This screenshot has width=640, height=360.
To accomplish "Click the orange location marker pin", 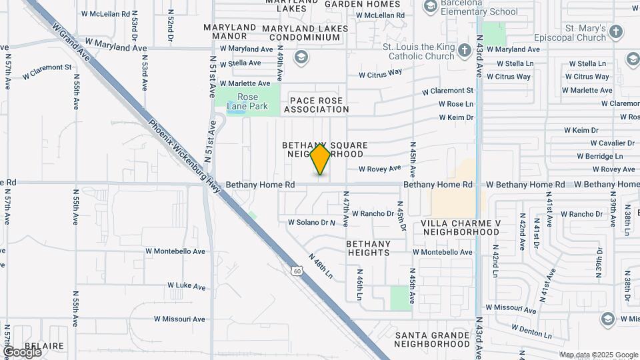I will tap(321, 159).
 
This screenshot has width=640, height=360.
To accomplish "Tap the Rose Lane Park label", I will tap(247, 101).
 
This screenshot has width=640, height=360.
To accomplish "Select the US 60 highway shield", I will tap(297, 270).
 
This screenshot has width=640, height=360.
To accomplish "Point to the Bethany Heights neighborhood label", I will tap(368, 248).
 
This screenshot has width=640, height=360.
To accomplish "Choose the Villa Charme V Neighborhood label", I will tap(461, 227).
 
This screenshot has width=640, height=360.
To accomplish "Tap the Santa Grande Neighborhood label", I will tap(432, 339).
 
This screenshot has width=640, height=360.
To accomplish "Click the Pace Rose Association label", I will tap(316, 105).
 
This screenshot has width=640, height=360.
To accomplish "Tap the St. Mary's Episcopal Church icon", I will tap(615, 31).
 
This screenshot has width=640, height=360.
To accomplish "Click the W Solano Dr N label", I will tap(311, 222).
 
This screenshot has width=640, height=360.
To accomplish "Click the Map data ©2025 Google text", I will tap(598, 355).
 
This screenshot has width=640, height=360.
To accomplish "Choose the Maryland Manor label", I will tap(230, 32).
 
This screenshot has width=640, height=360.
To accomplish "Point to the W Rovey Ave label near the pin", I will tap(380, 169).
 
